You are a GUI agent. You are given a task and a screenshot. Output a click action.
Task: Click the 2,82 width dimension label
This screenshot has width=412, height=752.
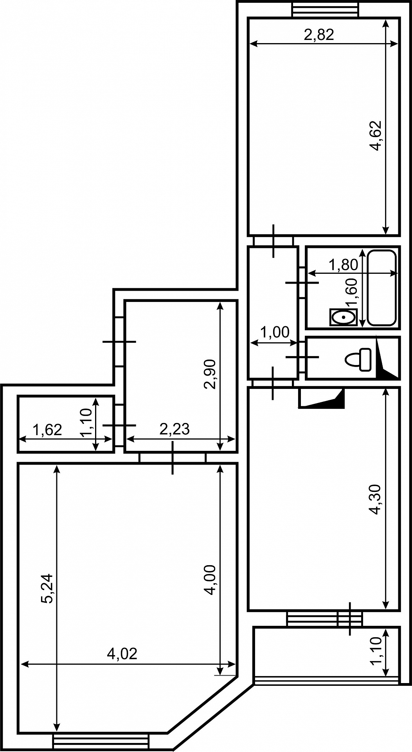(319, 35)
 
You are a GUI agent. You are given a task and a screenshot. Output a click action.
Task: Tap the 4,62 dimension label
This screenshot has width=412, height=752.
(376, 136)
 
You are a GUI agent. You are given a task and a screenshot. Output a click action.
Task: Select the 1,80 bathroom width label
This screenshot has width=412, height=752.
(343, 265)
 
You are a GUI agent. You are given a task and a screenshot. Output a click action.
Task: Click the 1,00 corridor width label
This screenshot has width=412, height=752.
(274, 333)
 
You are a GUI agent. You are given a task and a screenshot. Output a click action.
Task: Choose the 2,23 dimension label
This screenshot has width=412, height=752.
(175, 429)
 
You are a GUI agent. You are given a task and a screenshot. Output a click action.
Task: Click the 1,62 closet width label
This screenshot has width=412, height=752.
(47, 430)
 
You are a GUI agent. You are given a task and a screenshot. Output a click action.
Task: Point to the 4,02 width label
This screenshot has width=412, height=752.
(122, 654)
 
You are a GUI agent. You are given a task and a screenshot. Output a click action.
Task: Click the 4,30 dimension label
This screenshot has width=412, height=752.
(376, 499)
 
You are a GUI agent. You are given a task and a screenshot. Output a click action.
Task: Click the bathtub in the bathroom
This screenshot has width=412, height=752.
(382, 287)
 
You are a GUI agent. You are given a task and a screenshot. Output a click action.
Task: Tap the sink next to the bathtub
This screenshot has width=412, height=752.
(344, 317)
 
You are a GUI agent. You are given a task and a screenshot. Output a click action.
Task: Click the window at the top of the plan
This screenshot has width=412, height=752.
(325, 9)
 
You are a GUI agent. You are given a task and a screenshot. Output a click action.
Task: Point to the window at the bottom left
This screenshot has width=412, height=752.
(101, 741)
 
